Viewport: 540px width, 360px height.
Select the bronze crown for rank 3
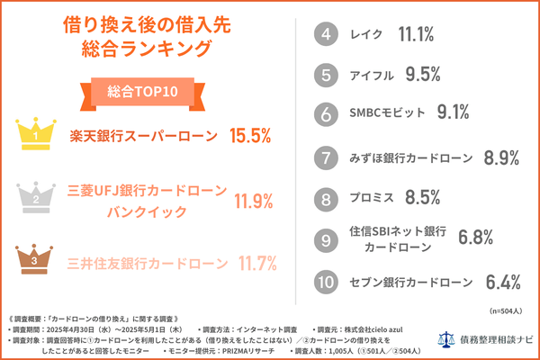pos(35,258)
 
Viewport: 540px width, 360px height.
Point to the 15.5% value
pos(250,136)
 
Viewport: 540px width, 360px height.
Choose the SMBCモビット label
pos(384,113)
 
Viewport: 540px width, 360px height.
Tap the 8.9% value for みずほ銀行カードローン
pos(503,158)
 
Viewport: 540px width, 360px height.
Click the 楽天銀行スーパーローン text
pos(144,136)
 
